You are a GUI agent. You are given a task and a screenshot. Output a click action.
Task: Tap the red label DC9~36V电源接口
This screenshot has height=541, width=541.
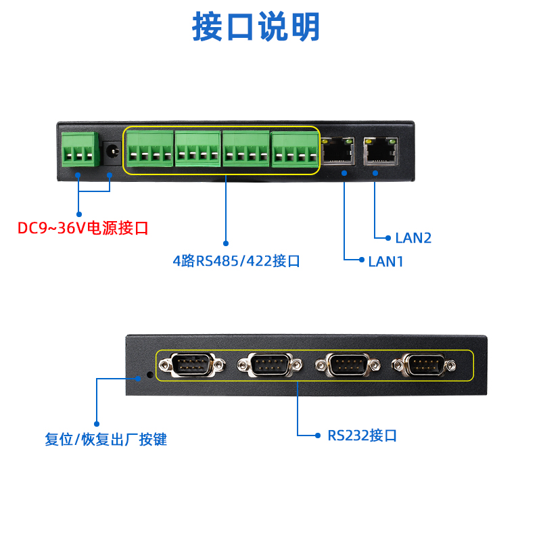click(x=83, y=228)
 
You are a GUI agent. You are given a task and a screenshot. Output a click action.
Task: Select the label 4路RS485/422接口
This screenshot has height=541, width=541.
click(x=236, y=261)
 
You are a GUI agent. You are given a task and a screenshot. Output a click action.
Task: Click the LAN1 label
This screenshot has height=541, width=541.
click(x=385, y=261)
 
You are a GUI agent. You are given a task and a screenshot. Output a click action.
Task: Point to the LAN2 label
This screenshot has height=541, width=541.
click(x=413, y=238)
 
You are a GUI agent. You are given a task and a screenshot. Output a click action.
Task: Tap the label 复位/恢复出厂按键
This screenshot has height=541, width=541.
click(x=105, y=440)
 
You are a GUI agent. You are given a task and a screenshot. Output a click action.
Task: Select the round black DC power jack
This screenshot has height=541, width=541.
click(x=110, y=152)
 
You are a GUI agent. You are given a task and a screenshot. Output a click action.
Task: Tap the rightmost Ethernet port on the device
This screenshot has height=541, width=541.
click(x=380, y=151)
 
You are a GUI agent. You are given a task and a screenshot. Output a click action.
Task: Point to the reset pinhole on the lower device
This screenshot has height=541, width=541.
click(x=149, y=373)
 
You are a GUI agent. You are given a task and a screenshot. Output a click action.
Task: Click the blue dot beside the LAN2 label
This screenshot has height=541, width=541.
click(x=387, y=238)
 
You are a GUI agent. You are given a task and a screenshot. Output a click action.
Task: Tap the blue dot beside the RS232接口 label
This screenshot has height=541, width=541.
click(x=319, y=436)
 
